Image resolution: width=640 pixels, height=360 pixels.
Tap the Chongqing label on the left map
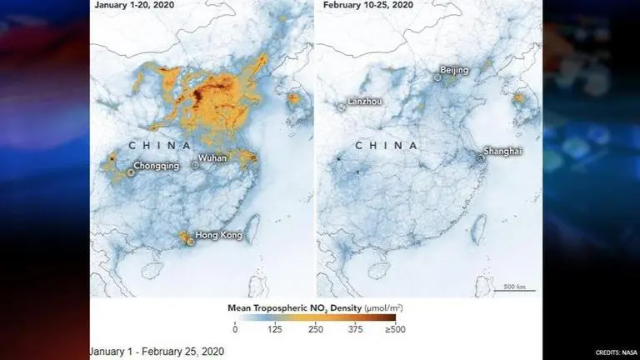click(156, 166)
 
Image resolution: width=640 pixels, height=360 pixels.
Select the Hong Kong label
click(218, 236)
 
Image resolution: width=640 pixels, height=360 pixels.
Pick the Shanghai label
click(506, 152)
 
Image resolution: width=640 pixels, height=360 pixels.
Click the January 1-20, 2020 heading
click(135, 4)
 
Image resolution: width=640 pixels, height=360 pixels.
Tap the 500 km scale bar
click(515, 288)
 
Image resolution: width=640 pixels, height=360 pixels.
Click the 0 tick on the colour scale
click(235, 330)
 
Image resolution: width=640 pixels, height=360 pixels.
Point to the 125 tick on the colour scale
click(276, 330)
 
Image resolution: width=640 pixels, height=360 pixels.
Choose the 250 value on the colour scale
click(316, 330)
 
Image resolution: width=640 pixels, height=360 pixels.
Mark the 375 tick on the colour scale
click(356, 330)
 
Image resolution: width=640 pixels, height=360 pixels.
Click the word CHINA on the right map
click(386, 146)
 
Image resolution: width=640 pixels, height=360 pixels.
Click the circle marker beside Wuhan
click(195, 165)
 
